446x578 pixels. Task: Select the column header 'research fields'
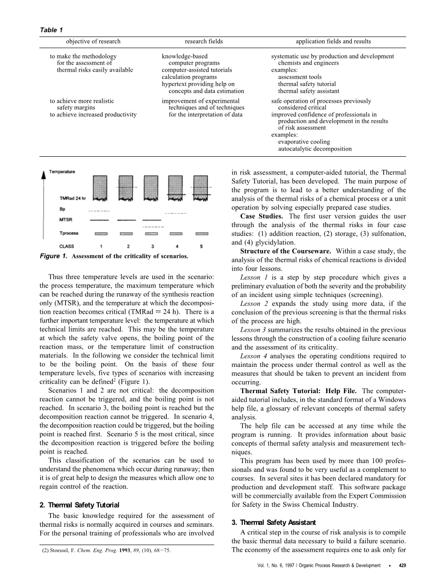204,41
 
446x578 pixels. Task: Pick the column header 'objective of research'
93,41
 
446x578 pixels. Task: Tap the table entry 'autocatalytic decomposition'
314,149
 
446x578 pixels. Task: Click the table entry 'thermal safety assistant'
308,91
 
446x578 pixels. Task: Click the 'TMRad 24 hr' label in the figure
73,198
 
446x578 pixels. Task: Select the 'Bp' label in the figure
62,209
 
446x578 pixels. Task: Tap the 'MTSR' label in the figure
66,220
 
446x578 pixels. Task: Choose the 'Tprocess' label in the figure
69,233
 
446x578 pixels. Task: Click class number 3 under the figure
151,246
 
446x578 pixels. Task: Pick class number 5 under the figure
201,246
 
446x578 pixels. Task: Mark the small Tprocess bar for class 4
176,233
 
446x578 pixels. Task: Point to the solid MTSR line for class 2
126,220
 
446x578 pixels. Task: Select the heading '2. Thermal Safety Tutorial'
79,505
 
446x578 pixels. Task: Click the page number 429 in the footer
402,566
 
